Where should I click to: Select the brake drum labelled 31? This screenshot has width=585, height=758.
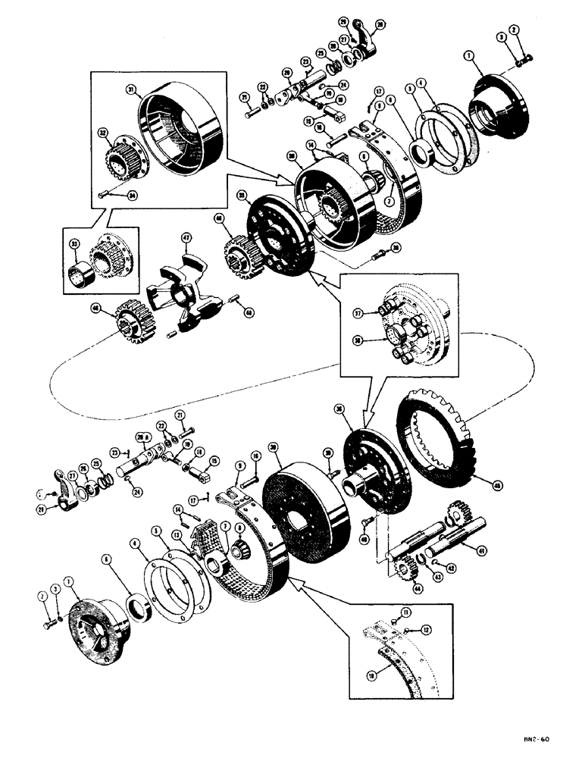point(182,129)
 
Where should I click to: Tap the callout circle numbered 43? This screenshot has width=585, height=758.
point(438,578)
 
